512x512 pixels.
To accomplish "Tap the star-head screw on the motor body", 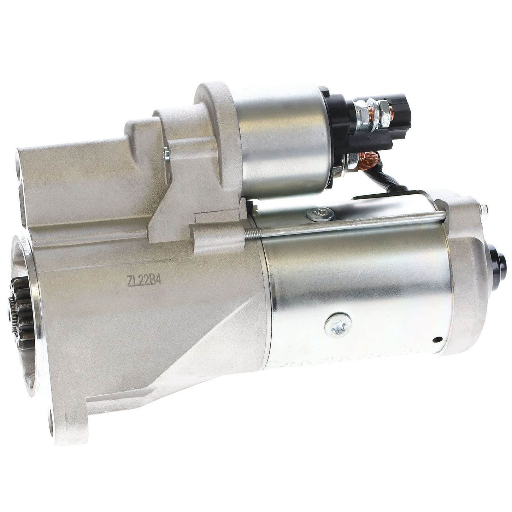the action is click(x=338, y=326).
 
